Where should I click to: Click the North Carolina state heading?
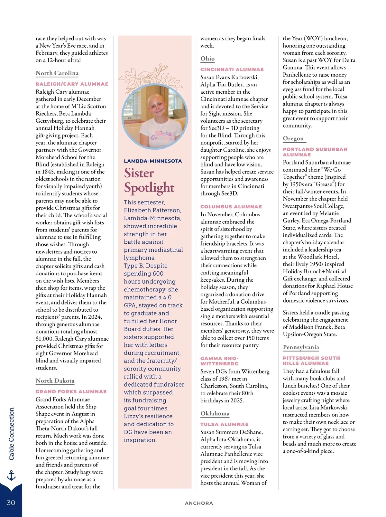point(57,73)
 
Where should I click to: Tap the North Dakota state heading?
point(55,381)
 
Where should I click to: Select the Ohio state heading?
point(207,59)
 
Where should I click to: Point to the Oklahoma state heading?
point(215,413)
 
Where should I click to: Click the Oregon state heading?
point(293,138)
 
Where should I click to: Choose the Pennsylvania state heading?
point(301,347)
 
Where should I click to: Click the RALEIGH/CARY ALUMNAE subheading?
point(72,84)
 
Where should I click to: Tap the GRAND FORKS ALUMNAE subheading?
point(71,392)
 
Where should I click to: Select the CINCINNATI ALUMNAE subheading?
point(232,70)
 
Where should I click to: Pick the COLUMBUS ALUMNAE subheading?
point(231,207)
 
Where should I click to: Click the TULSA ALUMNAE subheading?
point(224,424)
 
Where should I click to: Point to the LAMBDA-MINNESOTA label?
point(153,161)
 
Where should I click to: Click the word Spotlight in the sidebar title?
point(149,187)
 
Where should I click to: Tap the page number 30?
point(11,503)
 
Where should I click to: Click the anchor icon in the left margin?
point(11,475)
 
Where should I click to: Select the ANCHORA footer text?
point(199,503)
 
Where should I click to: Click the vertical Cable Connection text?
point(12,434)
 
